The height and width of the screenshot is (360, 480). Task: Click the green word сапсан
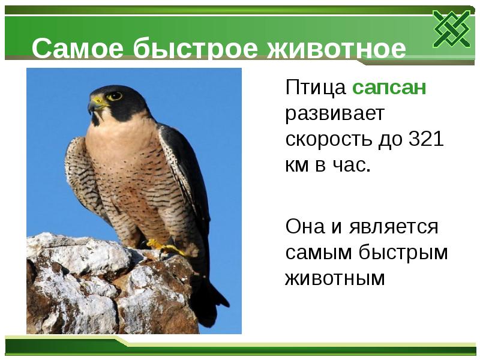(x=389, y=88)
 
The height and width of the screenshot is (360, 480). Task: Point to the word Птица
(x=316, y=88)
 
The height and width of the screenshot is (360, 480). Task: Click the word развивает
(x=334, y=114)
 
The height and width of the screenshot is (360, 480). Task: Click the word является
(x=391, y=227)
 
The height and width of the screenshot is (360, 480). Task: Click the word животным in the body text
(x=334, y=278)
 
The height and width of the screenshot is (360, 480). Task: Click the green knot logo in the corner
(x=452, y=29)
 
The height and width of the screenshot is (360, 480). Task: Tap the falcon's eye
(x=115, y=95)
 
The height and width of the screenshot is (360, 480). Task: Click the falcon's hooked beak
(x=93, y=107)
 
